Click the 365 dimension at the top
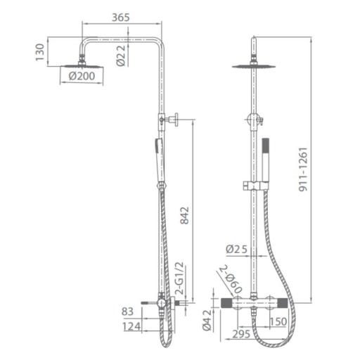coord(121,18)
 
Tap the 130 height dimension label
coord(40,52)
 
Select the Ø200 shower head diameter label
coord(82,76)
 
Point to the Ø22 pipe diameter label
coord(121,56)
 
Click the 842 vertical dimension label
coord(185,215)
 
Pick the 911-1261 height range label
coord(303,169)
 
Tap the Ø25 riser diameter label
coord(237,249)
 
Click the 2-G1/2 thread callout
coord(180,278)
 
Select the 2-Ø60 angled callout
coord(231,279)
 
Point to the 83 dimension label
coord(127,311)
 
